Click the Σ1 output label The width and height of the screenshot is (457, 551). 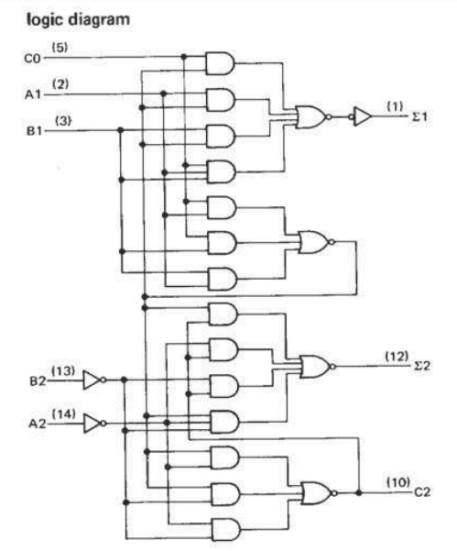[x=419, y=118]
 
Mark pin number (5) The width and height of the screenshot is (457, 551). [x=60, y=47]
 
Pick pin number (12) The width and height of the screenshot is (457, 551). [x=395, y=357]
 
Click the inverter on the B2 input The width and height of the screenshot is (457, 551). [x=95, y=379]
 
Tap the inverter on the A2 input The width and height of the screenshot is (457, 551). [x=95, y=424]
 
